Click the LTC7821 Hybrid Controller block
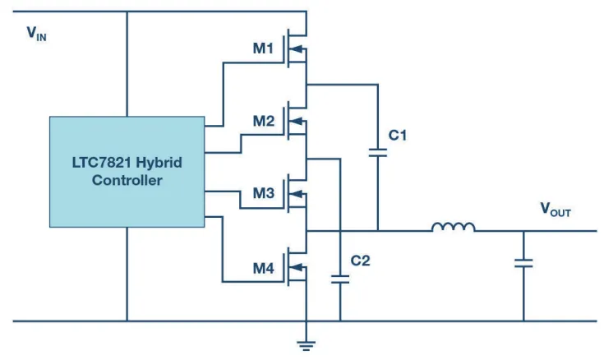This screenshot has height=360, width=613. point(127,171)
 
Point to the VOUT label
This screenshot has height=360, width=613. point(555,211)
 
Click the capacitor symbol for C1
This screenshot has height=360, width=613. point(378,152)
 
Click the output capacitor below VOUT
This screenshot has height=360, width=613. point(523,263)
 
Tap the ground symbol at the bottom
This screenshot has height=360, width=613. point(306,345)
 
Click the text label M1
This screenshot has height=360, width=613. point(263,48)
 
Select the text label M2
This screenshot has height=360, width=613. point(263,121)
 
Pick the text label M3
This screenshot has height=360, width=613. point(263,193)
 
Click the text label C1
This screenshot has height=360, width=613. point(399,135)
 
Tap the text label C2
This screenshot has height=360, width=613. point(360,261)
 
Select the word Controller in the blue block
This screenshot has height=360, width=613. point(127,180)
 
